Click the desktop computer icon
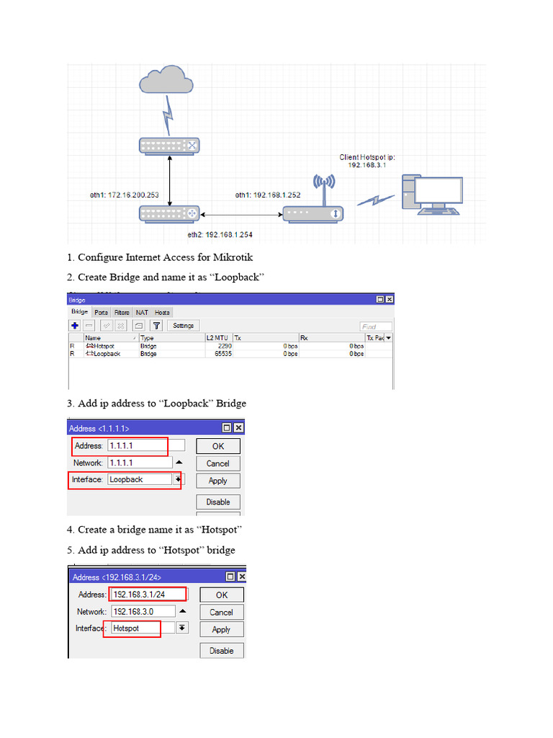[x=432, y=194]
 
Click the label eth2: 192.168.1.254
[x=220, y=234]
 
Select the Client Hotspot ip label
[x=367, y=161]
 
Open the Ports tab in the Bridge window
[x=102, y=312]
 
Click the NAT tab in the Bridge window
[x=142, y=312]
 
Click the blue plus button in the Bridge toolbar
[x=74, y=326]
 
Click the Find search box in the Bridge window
[x=376, y=326]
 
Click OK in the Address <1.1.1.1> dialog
[x=217, y=446]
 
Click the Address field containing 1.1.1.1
[x=145, y=446]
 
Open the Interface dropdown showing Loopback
[x=177, y=479]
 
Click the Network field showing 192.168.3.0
[x=143, y=611]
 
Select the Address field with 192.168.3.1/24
[x=147, y=595]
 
